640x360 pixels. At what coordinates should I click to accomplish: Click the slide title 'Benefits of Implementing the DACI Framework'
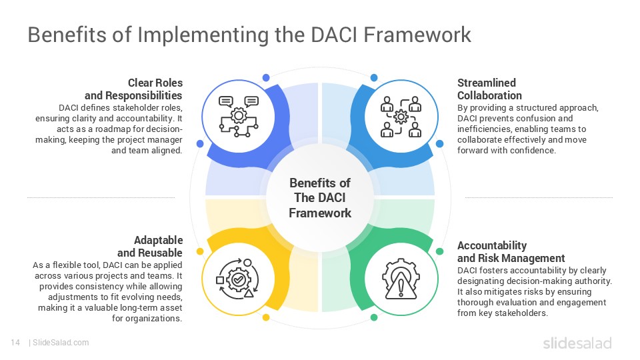pyautogui.click(x=249, y=35)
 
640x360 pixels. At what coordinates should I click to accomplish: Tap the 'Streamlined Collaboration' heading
pyautogui.click(x=487, y=89)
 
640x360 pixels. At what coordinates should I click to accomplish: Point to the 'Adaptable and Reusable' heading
pyautogui.click(x=150, y=246)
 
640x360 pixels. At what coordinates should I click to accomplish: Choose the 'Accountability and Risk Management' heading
pyautogui.click(x=511, y=251)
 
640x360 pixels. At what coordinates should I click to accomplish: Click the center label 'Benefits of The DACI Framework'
pyautogui.click(x=320, y=198)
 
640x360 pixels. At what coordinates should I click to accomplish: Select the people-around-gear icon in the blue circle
pyautogui.click(x=401, y=117)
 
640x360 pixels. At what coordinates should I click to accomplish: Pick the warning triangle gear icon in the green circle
pyautogui.click(x=401, y=278)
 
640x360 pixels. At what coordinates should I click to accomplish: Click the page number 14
pyautogui.click(x=15, y=343)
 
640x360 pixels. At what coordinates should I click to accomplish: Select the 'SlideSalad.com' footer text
pyautogui.click(x=60, y=343)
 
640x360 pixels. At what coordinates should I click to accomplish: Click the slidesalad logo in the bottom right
pyautogui.click(x=577, y=343)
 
